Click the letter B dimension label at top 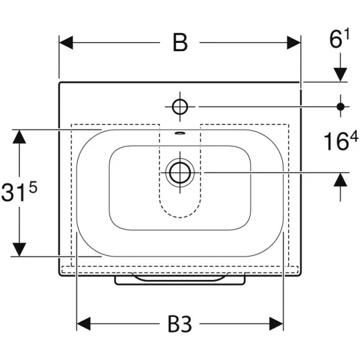(180, 42)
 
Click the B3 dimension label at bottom (180, 324)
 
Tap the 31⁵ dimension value (19, 191)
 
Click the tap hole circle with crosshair (180, 107)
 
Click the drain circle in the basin (180, 173)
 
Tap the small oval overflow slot (180, 133)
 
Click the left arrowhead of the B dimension (66, 42)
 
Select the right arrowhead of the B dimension (294, 42)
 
